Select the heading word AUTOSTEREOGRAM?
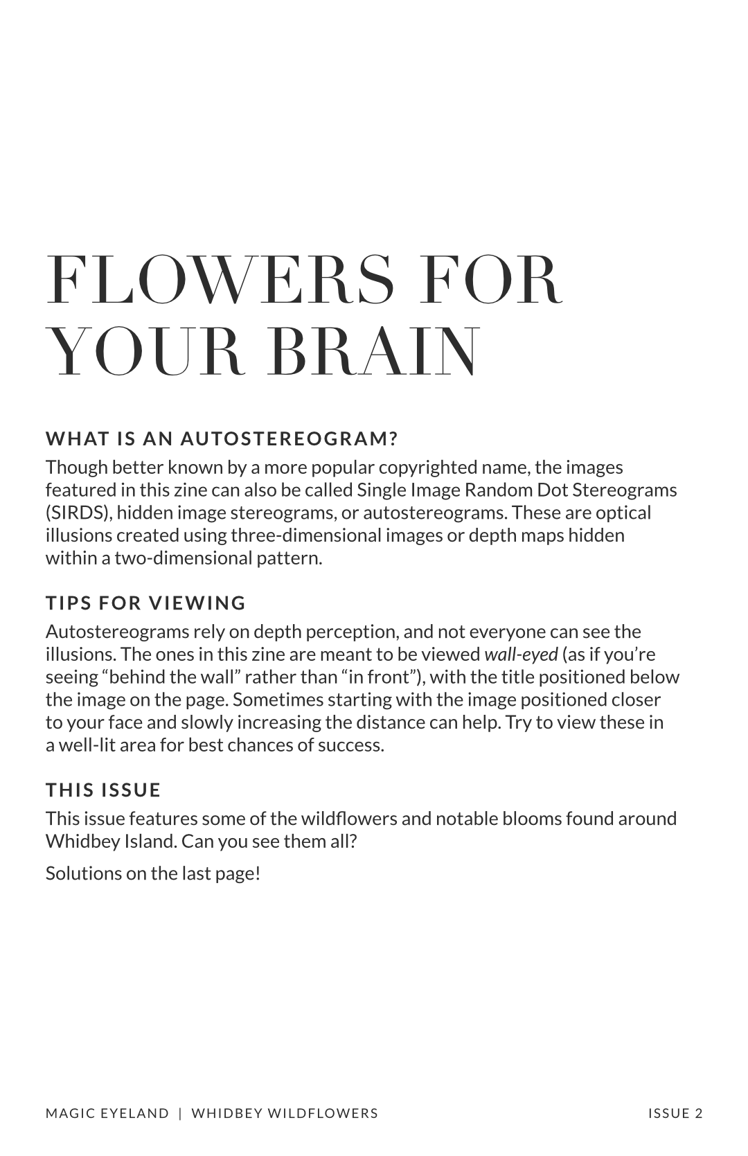pyautogui.click(x=290, y=438)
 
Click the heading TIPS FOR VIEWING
pyautogui.click(x=145, y=603)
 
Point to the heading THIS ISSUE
pyautogui.click(x=103, y=790)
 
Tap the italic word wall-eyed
pyautogui.click(x=521, y=654)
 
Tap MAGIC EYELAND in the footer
pyautogui.click(x=107, y=1113)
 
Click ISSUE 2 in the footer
pyautogui.click(x=675, y=1113)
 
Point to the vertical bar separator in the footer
pyautogui.click(x=180, y=1113)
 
